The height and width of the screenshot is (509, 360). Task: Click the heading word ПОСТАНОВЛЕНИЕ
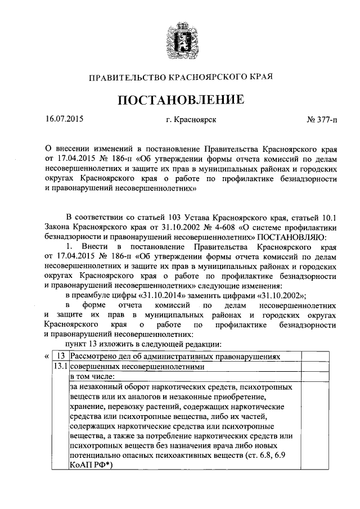pyautogui.click(x=180, y=100)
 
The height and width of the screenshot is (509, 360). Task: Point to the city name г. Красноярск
pyautogui.click(x=191, y=120)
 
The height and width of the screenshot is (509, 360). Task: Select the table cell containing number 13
pyautogui.click(x=61, y=356)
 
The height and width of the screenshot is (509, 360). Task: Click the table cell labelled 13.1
pyautogui.click(x=58, y=366)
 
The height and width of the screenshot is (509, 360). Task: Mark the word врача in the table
pyautogui.click(x=212, y=445)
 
